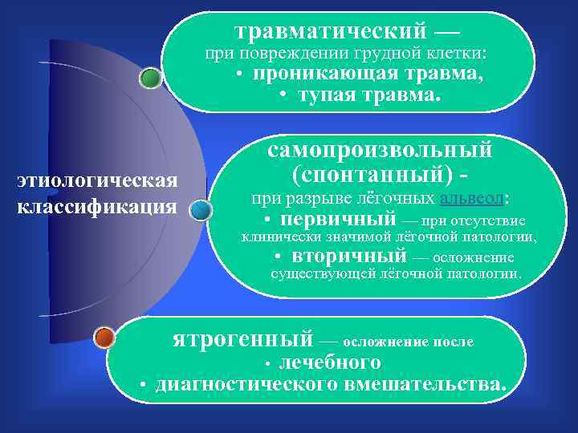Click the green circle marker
coord(150,78)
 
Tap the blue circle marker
coord(201,210)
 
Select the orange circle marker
coord(104,338)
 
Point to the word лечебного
coord(329,362)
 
